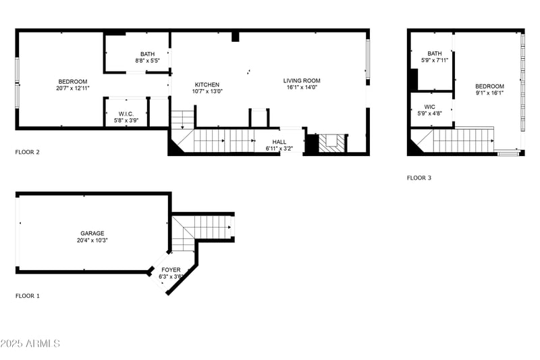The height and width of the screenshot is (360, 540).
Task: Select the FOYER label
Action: point(170,269)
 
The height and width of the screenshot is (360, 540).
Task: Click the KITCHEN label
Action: point(207,84)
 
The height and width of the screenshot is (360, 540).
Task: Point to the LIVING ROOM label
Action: point(302,80)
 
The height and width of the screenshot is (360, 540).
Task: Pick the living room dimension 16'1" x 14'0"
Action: point(302,87)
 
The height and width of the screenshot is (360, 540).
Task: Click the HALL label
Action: point(279,141)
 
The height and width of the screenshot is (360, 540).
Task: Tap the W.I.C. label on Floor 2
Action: point(126,114)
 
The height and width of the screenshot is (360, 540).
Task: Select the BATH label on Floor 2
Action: point(147,54)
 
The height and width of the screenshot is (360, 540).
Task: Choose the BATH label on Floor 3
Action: point(435,53)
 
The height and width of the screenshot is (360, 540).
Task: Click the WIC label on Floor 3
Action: point(430,107)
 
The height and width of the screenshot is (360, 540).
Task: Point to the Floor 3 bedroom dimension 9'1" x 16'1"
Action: point(489,93)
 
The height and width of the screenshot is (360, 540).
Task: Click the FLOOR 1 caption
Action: point(28,296)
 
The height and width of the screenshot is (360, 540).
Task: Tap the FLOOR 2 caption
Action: point(28,152)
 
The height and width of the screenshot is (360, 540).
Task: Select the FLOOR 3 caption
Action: point(418,178)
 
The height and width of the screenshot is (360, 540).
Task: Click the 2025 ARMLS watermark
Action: point(30,344)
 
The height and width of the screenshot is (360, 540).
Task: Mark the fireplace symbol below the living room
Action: point(331,143)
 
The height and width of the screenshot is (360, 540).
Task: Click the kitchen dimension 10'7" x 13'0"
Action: point(207,91)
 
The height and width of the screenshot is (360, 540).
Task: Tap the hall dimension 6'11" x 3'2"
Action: point(279,148)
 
